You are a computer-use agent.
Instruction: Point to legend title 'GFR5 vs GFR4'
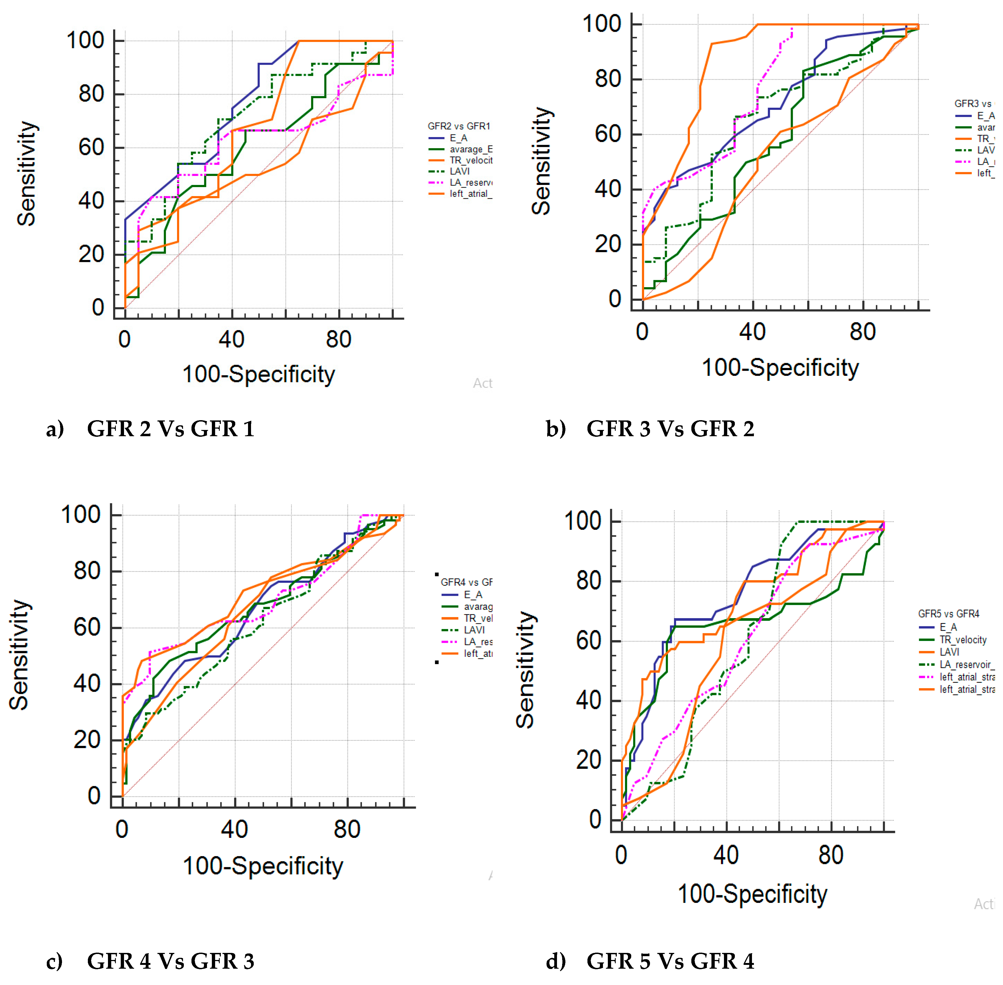[x=949, y=614]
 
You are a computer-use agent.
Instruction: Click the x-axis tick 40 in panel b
[x=752, y=332]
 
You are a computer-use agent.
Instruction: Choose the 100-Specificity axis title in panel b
[x=780, y=368]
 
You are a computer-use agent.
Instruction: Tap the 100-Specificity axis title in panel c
[x=263, y=866]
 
